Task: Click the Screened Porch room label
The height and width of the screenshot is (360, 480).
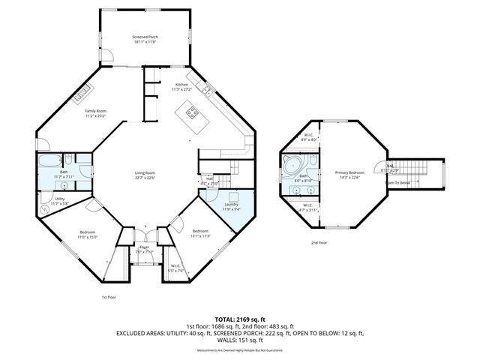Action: [x=145, y=38]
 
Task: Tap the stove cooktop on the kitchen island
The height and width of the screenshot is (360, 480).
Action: [x=191, y=115]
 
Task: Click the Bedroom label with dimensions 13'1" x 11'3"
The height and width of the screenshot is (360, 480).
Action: [x=199, y=232]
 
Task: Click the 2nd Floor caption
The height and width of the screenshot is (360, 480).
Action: [x=319, y=243]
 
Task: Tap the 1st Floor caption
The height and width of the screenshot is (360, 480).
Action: [x=109, y=298]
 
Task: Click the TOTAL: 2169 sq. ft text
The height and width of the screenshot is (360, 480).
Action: [x=239, y=319]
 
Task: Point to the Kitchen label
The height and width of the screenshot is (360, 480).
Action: [x=181, y=86]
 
